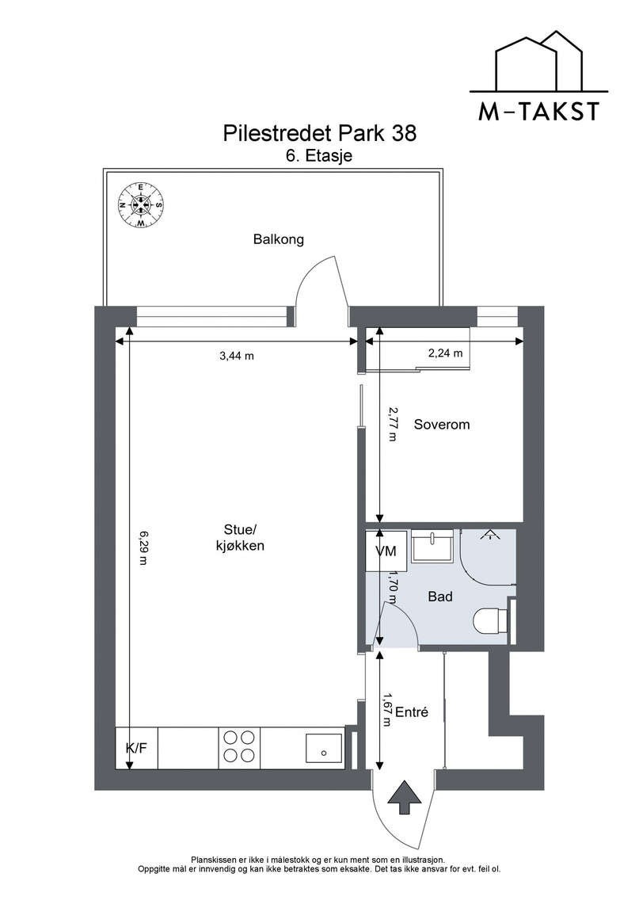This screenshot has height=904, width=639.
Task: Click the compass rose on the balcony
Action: coord(140,206)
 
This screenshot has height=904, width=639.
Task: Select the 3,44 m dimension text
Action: coord(236,356)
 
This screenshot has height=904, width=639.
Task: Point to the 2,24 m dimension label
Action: coord(445,354)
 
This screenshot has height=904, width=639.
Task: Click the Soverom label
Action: coord(442,425)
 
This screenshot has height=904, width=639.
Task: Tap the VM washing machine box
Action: coord(385,551)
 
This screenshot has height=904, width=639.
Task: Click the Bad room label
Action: coord(439,597)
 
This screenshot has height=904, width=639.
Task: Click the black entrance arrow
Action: coord(404,796)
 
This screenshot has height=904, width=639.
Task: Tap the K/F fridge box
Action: coord(136,748)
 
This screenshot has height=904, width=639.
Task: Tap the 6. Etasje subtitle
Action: coord(319,156)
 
